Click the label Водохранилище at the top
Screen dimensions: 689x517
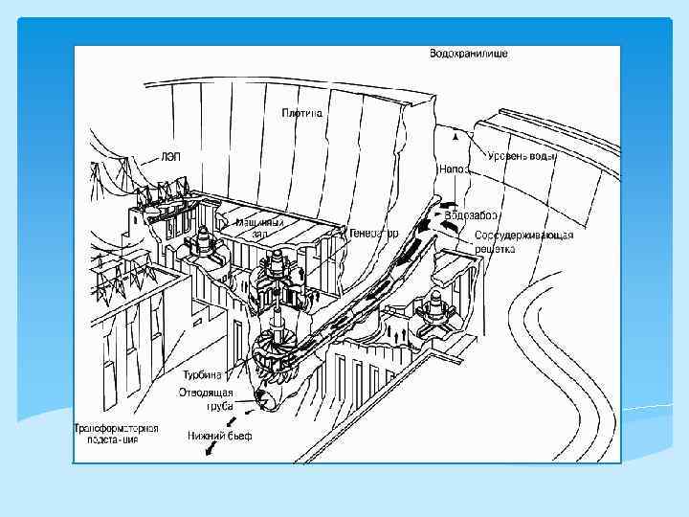click(469, 54)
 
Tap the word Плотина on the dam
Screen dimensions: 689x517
click(302, 113)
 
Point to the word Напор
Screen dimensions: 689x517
click(454, 169)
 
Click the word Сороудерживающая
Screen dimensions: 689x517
click(523, 236)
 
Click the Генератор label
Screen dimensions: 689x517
click(373, 233)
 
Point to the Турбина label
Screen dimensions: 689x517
click(201, 376)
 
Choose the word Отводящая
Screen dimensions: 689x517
click(204, 392)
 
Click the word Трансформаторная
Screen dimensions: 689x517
click(116, 429)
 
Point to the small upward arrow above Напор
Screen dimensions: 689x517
click(456, 137)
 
